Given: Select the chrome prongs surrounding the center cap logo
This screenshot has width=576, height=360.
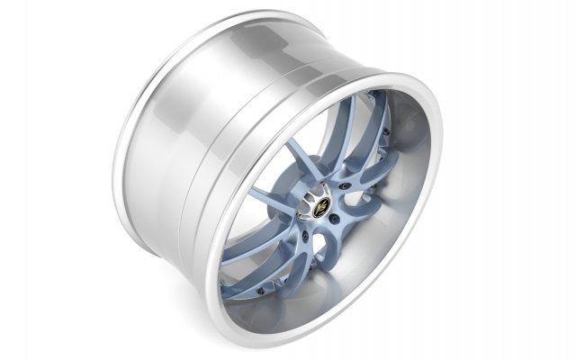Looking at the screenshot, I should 322,200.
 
